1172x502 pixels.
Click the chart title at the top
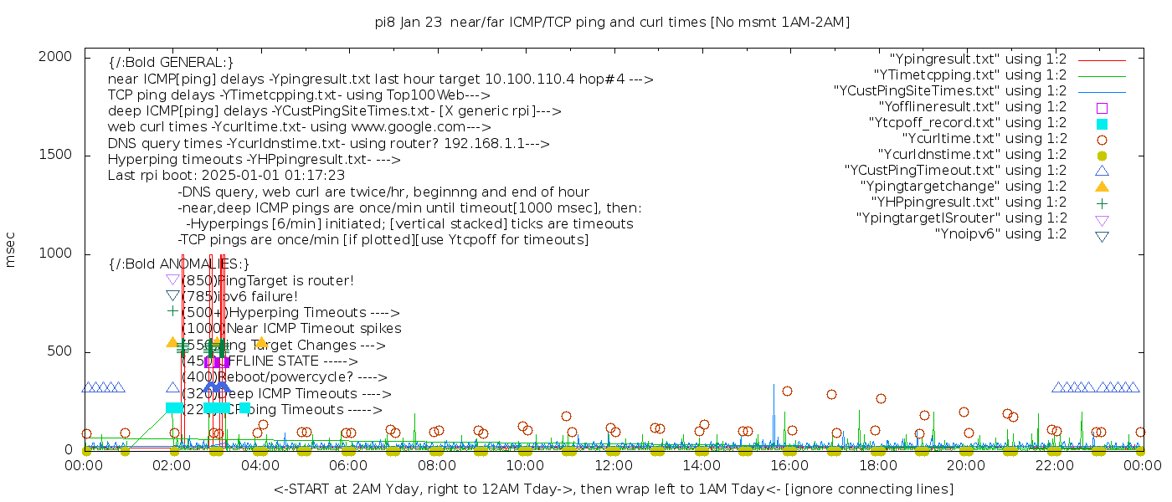click(612, 23)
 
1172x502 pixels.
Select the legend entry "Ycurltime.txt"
click(984, 139)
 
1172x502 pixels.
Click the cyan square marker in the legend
click(1102, 124)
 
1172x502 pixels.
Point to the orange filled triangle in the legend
click(1102, 187)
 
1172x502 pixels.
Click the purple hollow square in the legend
click(1102, 108)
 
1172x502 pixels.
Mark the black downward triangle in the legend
click(1102, 236)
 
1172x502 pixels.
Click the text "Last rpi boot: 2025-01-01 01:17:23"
click(226, 176)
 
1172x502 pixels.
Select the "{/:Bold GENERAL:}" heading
click(171, 63)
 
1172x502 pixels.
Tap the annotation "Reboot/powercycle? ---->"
click(285, 377)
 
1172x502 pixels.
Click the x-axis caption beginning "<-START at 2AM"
click(614, 489)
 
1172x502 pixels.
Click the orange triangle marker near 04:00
click(261, 342)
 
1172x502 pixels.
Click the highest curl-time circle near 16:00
click(787, 391)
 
